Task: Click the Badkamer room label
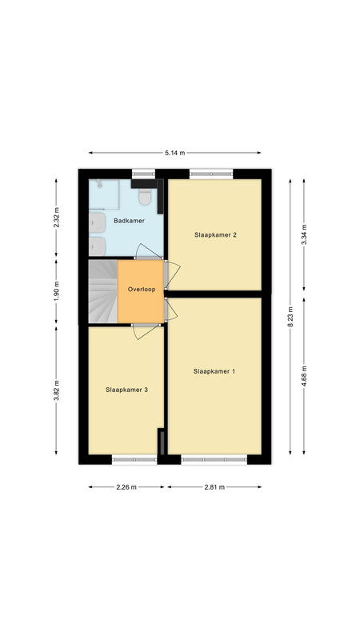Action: coord(129,221)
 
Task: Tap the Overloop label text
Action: coord(142,290)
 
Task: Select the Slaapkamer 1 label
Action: coord(214,371)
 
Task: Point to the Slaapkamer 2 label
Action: coord(215,234)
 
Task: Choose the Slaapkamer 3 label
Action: coord(126,390)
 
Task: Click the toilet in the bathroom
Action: coord(145,197)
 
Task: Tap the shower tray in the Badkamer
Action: coord(104,194)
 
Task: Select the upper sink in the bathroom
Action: coord(97,222)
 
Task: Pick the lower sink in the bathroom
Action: coord(97,246)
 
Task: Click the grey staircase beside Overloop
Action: coord(103,291)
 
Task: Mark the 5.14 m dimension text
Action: coord(174,153)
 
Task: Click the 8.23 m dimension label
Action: coord(290,317)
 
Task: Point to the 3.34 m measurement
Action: coord(304,234)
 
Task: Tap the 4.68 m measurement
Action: coord(304,376)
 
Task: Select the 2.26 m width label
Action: coord(126,487)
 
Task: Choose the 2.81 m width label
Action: coord(214,487)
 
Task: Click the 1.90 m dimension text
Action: coord(56,291)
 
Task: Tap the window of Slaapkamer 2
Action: coord(211,174)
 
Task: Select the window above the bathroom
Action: coord(144,174)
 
